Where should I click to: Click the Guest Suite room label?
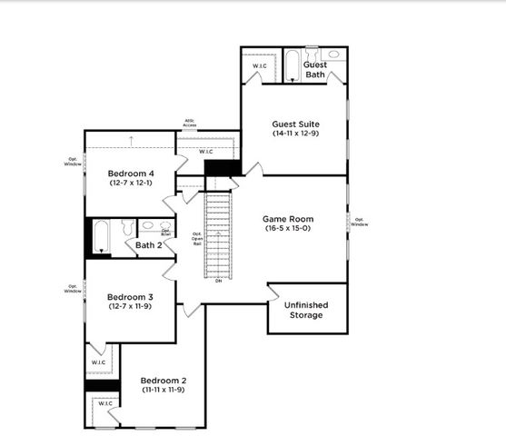tap(295, 124)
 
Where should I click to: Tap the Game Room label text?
tap(289, 219)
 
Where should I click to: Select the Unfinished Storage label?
tap(305, 310)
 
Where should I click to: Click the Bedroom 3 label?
tap(130, 297)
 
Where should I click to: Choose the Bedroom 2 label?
tap(164, 381)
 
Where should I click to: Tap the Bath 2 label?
tap(149, 244)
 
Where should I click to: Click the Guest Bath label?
tap(315, 69)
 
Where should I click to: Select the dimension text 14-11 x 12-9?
tap(295, 134)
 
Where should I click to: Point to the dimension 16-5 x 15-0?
tap(289, 229)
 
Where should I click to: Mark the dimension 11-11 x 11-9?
tap(164, 390)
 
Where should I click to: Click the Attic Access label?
tap(191, 122)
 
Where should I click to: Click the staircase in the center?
tap(218, 234)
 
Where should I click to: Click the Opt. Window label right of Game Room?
tap(359, 221)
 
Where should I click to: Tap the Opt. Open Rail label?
tap(196, 238)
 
